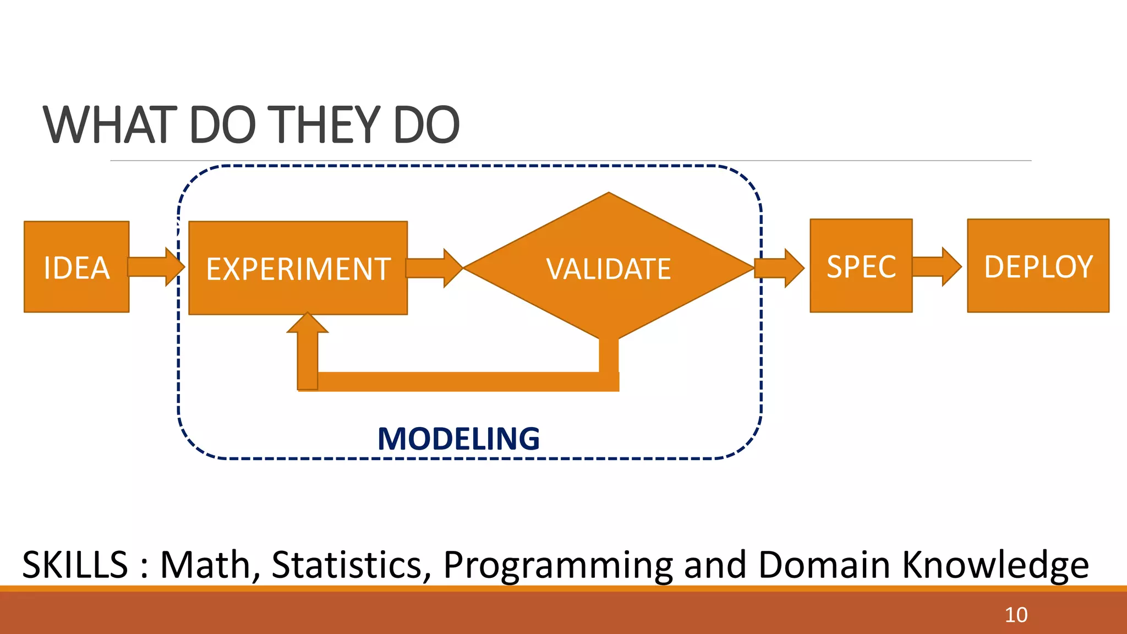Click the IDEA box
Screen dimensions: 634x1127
pyautogui.click(x=76, y=267)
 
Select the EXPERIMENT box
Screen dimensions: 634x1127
pyautogui.click(x=298, y=268)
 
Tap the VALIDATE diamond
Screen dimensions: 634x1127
pyautogui.click(x=609, y=268)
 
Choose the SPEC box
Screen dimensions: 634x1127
pyautogui.click(x=861, y=266)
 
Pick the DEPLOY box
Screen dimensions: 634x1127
pyautogui.click(x=1038, y=266)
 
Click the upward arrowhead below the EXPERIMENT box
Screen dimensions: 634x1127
pyautogui.click(x=308, y=325)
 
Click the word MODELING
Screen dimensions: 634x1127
pyautogui.click(x=458, y=439)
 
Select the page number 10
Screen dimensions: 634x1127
pyautogui.click(x=1016, y=615)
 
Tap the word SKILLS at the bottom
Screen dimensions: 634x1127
pyautogui.click(x=75, y=565)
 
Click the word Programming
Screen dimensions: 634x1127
pyautogui.click(x=558, y=566)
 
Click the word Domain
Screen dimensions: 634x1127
pyautogui.click(x=824, y=565)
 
